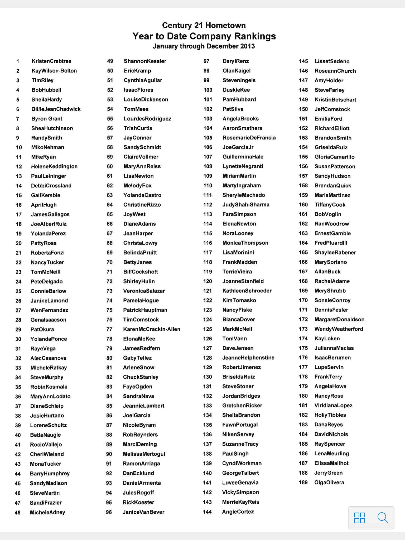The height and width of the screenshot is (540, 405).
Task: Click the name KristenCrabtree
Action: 51,61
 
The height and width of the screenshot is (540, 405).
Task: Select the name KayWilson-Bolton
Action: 54,71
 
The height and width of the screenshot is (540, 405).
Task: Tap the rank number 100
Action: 208,90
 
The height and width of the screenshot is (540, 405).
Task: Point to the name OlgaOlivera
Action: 329,483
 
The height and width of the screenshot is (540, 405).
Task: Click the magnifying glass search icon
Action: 383,518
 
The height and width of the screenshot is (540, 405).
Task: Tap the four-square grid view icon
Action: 359,518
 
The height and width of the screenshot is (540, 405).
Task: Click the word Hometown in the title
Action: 225,25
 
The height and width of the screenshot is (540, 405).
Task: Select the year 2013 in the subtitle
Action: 247,46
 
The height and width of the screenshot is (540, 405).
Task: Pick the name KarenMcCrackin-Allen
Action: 152,329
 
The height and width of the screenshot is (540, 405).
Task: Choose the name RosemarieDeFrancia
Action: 249,138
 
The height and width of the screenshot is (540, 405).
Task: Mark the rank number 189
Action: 303,483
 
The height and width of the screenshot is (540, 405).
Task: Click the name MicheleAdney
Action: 47,512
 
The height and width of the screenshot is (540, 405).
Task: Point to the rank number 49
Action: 110,61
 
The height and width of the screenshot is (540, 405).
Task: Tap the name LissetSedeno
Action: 332,61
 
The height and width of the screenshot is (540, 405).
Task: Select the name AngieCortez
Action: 238,512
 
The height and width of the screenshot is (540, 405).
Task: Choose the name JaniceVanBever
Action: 143,512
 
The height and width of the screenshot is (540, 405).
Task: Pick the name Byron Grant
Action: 47,119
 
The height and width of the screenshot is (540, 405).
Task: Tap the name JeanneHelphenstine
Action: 248,358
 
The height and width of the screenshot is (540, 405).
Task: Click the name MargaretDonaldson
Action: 339,320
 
